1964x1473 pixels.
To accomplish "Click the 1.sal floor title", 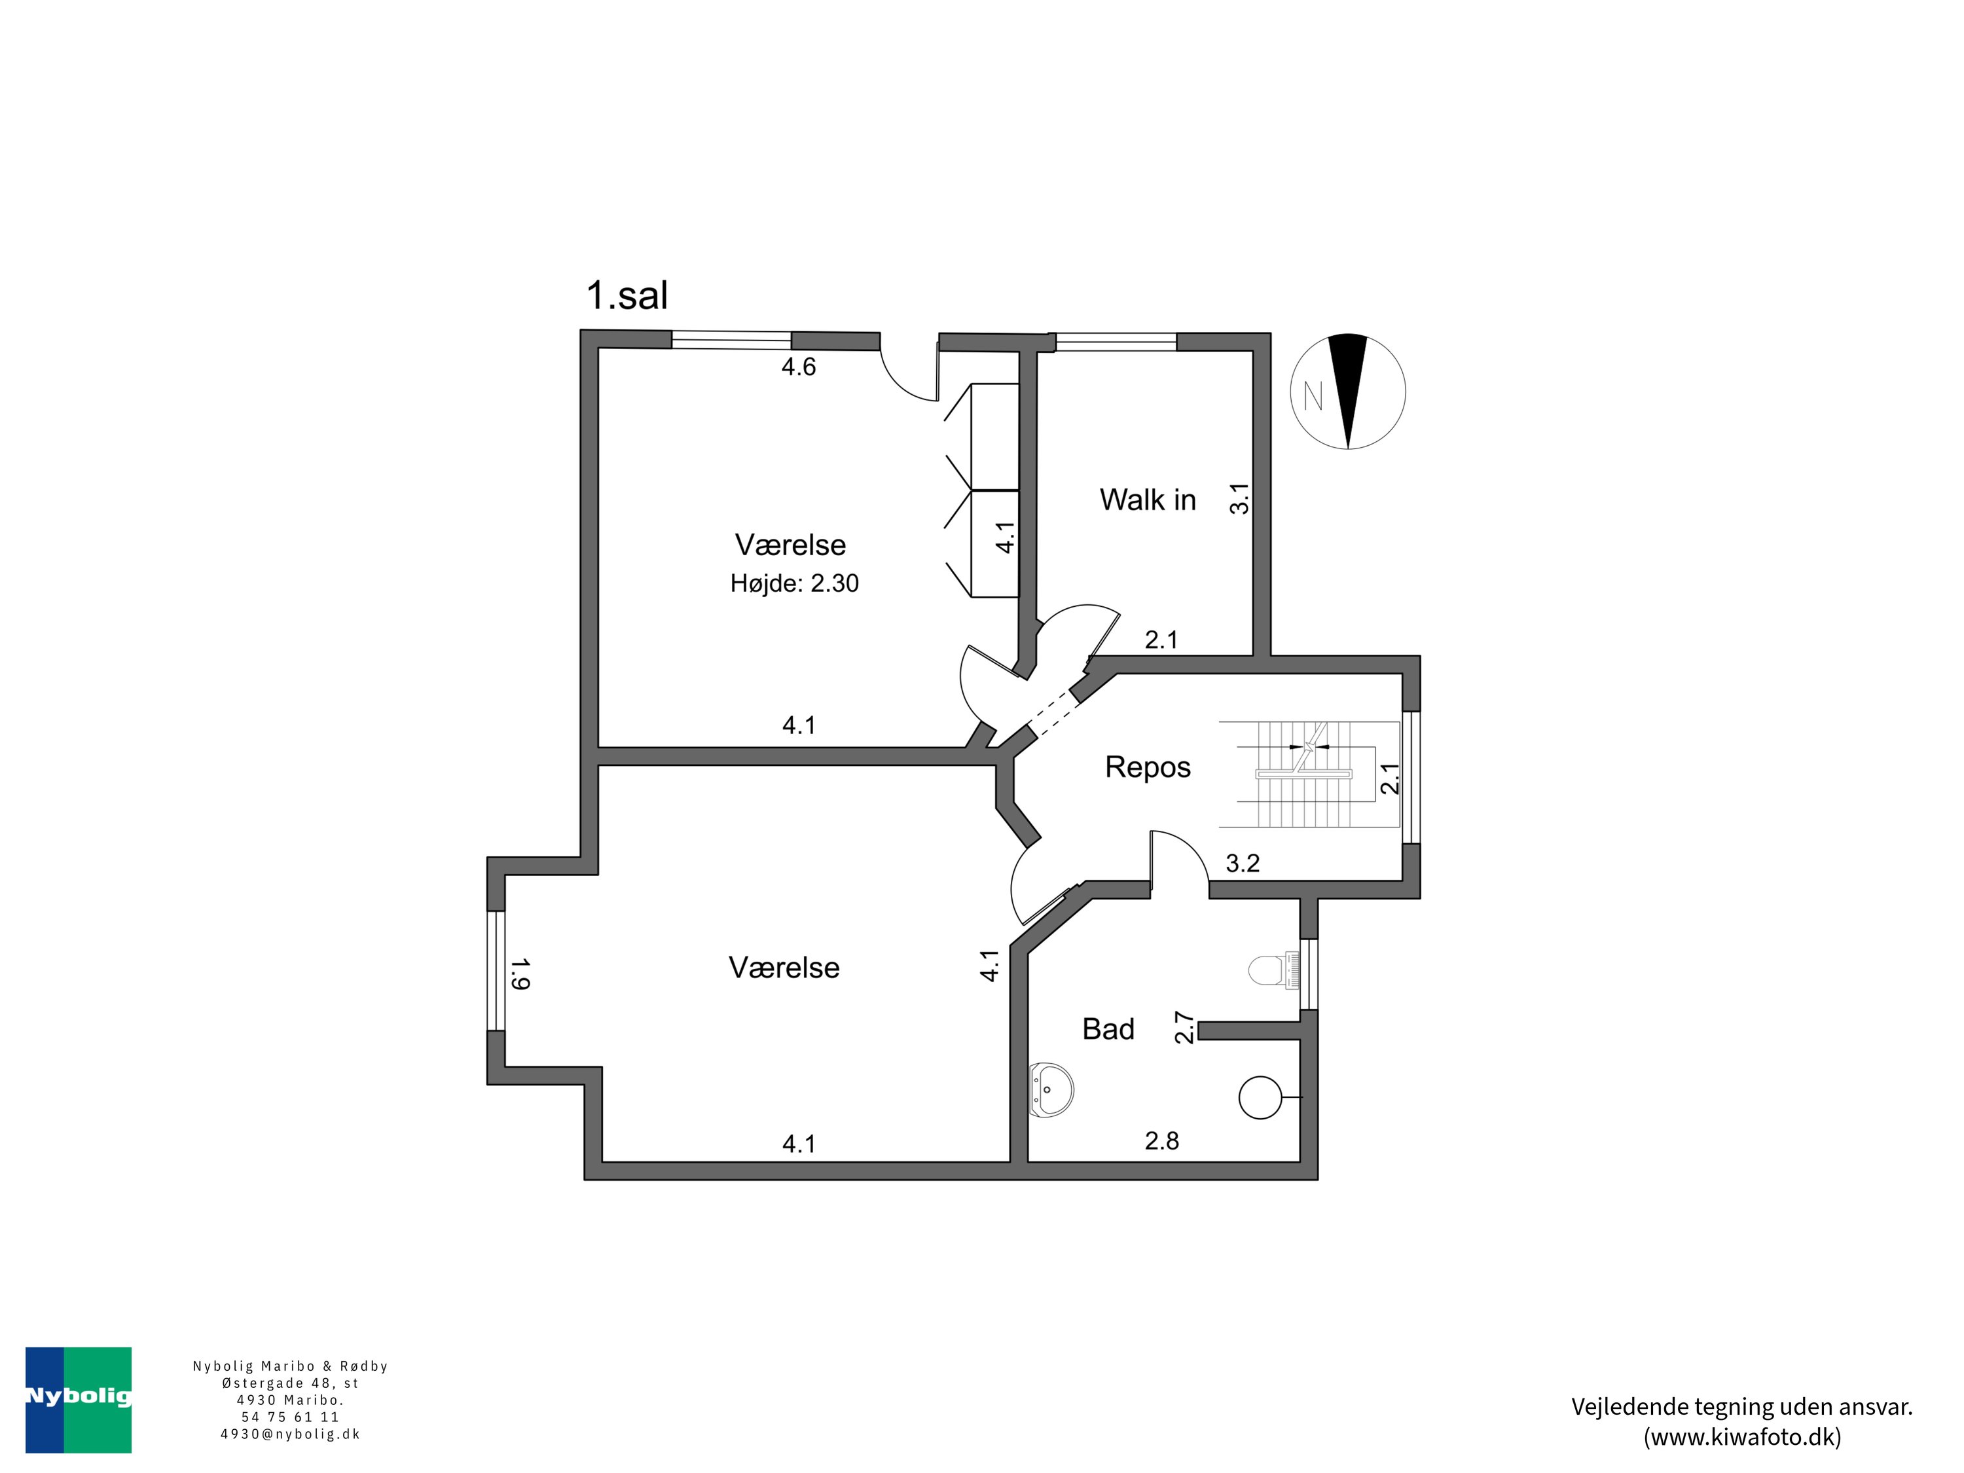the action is [627, 296].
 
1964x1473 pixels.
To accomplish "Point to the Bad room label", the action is [1108, 1029].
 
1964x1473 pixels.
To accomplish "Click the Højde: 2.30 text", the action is [795, 583].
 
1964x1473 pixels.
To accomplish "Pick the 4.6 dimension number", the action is [798, 367].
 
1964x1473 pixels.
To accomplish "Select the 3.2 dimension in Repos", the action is [1242, 863].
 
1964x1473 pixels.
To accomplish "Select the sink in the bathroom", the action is [1051, 1089].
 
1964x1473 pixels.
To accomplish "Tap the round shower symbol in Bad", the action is [1261, 1097].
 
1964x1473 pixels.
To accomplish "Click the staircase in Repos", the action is [1309, 774].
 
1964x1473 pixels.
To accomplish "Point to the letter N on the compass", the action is [1313, 395].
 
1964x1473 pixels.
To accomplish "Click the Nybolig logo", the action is [78, 1400].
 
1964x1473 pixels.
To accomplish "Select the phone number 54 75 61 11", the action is [290, 1417].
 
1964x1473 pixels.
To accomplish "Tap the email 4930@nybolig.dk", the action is [290, 1434].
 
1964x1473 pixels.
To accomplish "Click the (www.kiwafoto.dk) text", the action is [1742, 1436].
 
